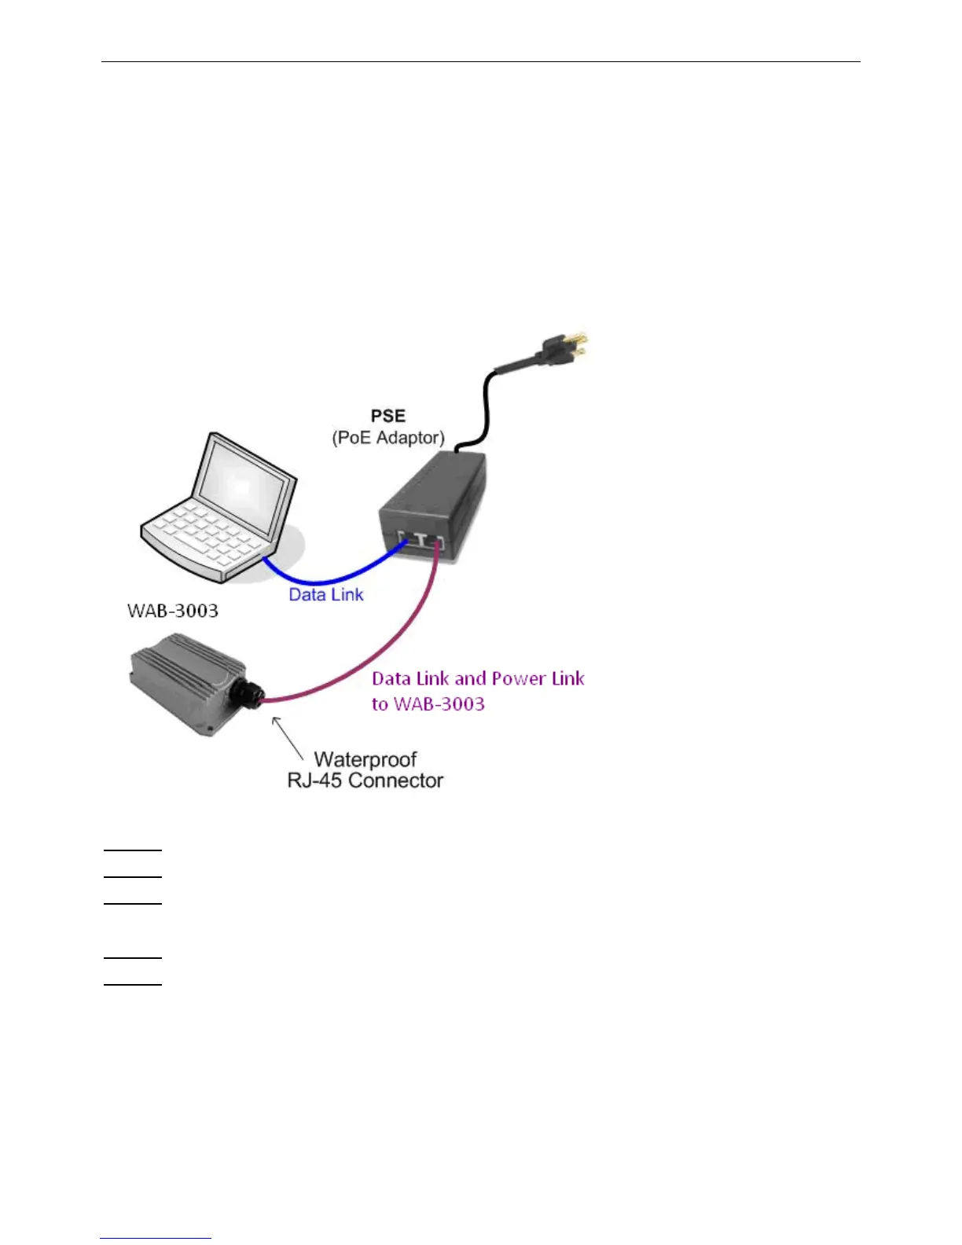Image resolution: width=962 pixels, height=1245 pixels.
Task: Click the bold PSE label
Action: pyautogui.click(x=388, y=416)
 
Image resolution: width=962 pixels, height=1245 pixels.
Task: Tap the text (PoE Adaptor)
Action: pyautogui.click(x=388, y=438)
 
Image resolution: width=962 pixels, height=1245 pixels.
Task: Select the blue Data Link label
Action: pyautogui.click(x=326, y=595)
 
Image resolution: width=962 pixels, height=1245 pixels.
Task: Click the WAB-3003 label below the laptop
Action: pyautogui.click(x=173, y=611)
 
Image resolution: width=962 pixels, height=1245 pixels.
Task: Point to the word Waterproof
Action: pyautogui.click(x=365, y=759)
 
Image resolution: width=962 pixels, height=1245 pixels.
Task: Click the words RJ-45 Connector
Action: pyautogui.click(x=365, y=780)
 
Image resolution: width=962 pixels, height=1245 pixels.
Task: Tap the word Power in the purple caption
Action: pyautogui.click(x=519, y=678)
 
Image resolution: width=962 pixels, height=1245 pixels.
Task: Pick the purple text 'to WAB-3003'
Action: pyautogui.click(x=428, y=703)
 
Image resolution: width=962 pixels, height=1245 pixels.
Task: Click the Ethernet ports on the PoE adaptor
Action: pyautogui.click(x=421, y=541)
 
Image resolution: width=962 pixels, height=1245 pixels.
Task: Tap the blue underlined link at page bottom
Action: pyautogui.click(x=156, y=1238)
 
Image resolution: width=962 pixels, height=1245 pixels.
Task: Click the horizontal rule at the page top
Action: pyautogui.click(x=481, y=61)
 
